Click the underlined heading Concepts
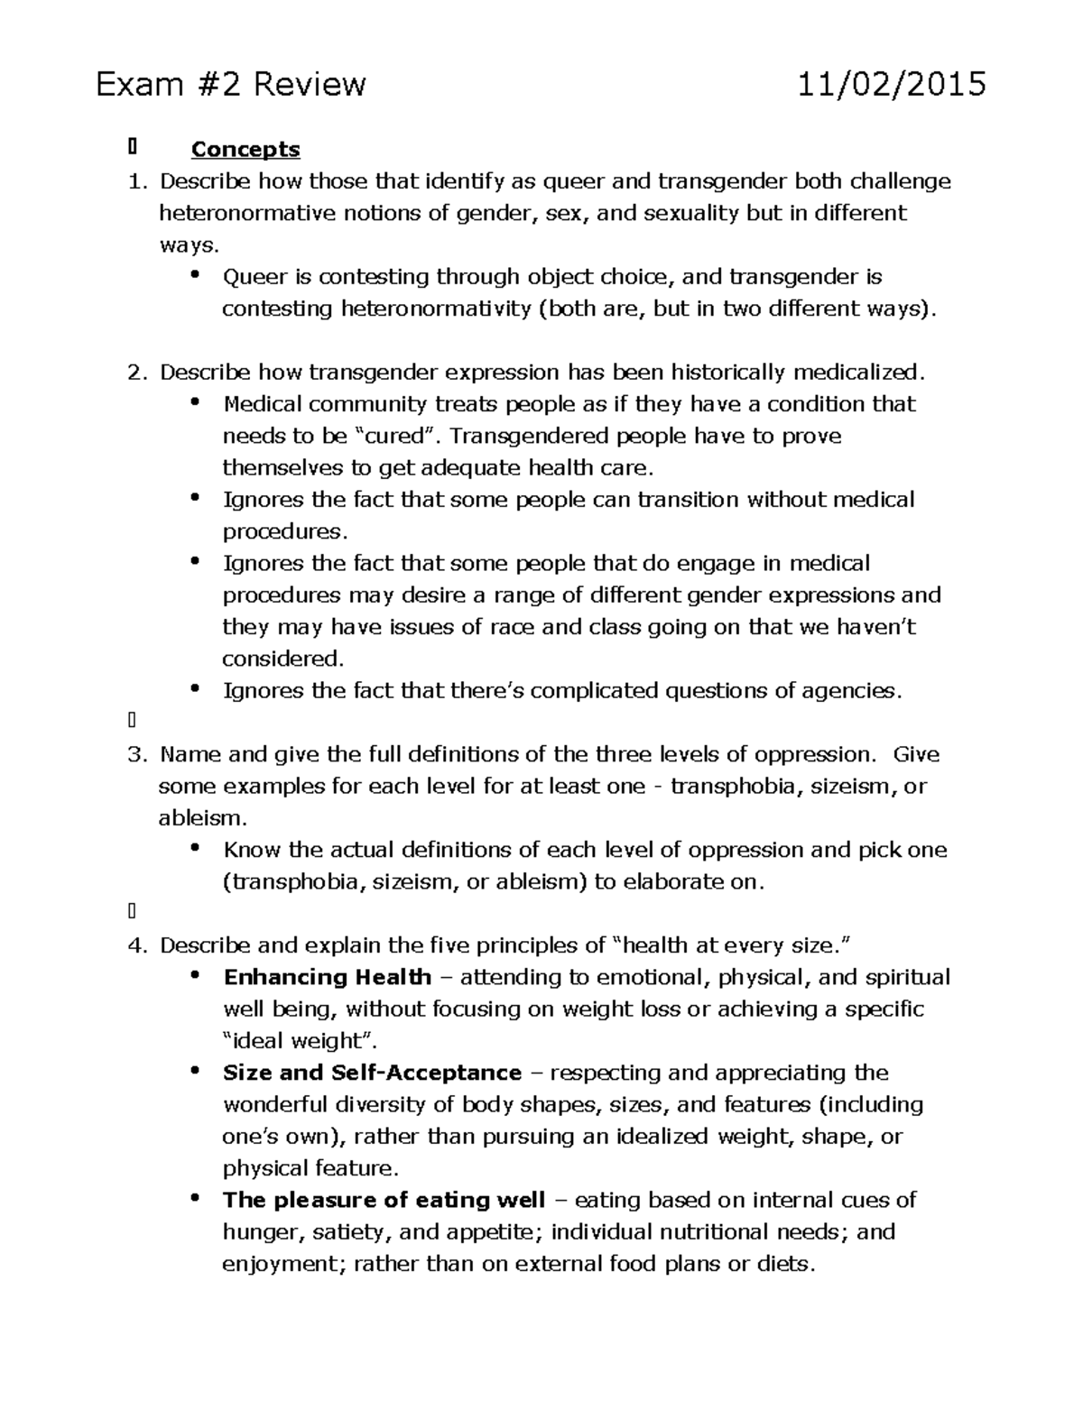pos(245,149)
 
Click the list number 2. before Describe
pos(137,373)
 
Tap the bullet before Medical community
pos(196,403)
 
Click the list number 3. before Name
pos(137,754)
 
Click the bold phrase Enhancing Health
pos(328,977)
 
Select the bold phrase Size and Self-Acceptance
pos(372,1073)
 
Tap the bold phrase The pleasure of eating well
pos(384,1200)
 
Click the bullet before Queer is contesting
pos(196,276)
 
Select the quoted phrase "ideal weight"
pos(299,1041)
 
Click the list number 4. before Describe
pos(137,945)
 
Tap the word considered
pos(282,659)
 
